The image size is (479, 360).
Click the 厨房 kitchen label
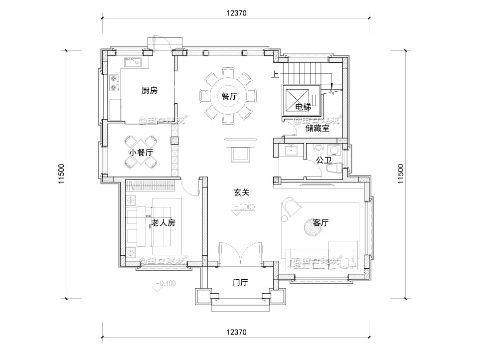[149, 91]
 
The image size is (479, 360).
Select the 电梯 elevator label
[303, 107]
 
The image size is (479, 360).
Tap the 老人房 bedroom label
[163, 223]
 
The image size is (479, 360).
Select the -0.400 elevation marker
[165, 284]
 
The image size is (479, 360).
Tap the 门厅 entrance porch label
[240, 283]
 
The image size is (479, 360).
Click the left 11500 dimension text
[61, 175]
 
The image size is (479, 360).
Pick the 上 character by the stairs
[275, 75]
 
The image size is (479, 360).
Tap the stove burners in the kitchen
[114, 83]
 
